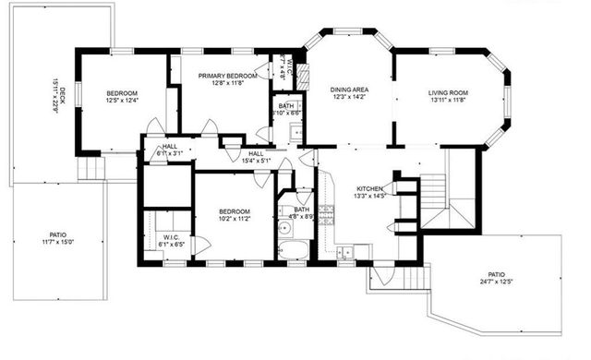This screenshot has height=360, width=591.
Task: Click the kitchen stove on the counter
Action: point(326,215)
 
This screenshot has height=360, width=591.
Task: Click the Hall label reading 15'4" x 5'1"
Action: point(255,158)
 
